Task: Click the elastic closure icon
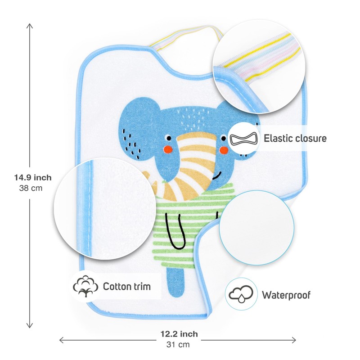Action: click(x=245, y=138)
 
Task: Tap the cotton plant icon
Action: click(x=85, y=286)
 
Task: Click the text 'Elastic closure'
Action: click(x=295, y=138)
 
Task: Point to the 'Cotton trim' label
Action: click(x=126, y=287)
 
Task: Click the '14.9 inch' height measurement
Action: click(x=32, y=178)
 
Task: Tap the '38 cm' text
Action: click(x=32, y=188)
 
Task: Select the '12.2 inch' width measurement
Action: click(x=179, y=334)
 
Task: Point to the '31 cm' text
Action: click(x=179, y=345)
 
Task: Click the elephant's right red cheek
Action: click(x=221, y=149)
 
